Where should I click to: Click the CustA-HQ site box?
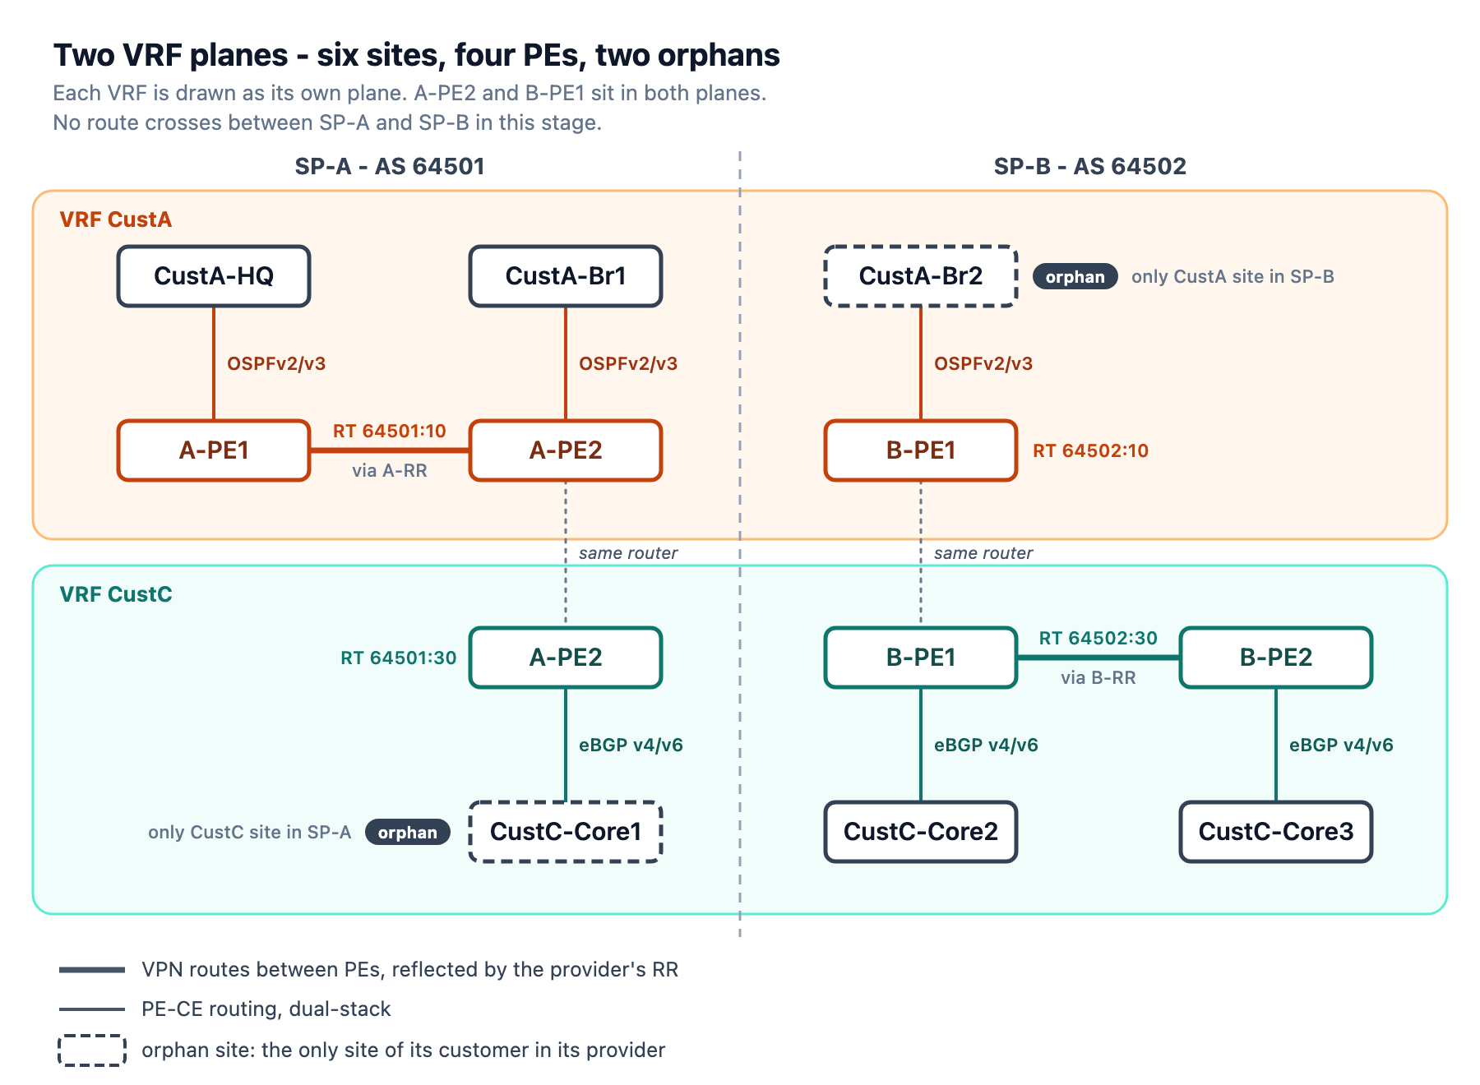214,276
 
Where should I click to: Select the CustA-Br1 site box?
566,276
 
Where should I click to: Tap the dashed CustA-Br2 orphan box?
921,276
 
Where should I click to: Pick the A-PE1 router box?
214,450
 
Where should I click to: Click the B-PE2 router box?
1276,658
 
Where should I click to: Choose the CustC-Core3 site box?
1276,832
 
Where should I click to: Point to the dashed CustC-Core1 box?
566,832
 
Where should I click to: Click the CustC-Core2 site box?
921,832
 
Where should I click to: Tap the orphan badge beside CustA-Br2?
1075,277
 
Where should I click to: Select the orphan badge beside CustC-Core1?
407,833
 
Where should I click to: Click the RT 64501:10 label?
390,432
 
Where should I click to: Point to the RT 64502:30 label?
1098,639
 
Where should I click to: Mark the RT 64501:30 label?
399,658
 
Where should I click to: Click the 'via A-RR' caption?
390,471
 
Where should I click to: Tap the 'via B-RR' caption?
1098,678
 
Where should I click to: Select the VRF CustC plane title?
116,594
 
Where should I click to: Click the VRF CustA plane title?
116,219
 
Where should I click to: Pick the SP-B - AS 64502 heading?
1090,167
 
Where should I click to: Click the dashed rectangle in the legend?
92,1050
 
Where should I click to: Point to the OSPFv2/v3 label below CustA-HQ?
276,364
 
